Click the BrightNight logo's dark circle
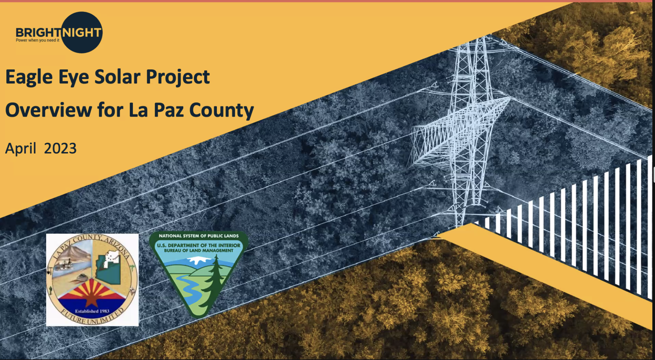(82, 32)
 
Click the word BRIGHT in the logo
(39, 33)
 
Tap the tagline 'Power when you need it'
(38, 40)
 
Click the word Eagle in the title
(29, 77)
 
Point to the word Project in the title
(178, 77)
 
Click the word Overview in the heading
(48, 110)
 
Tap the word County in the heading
(222, 111)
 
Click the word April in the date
(21, 149)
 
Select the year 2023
(60, 148)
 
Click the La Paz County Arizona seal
(92, 280)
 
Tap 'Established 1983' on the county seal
(92, 311)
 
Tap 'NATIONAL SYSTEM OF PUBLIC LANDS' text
(199, 236)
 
